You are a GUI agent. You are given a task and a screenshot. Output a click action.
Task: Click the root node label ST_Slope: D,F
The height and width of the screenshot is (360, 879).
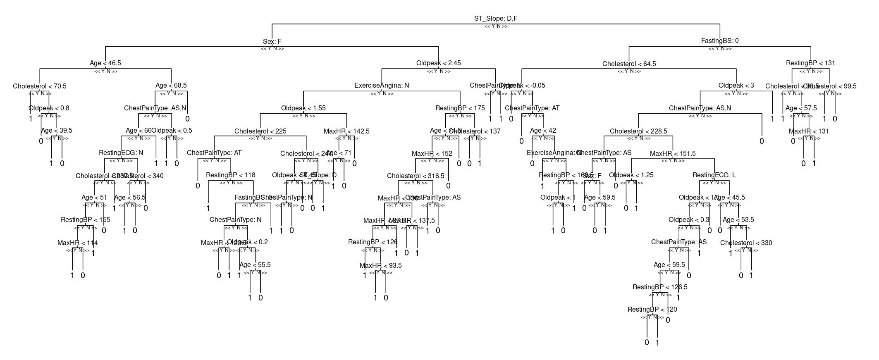click(495, 19)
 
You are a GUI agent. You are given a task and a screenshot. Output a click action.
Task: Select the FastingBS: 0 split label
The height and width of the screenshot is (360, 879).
click(720, 41)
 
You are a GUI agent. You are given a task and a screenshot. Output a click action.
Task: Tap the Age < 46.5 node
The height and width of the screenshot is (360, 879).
click(105, 63)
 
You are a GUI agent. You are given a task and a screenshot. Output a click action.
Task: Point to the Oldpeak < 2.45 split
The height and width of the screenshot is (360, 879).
click(438, 63)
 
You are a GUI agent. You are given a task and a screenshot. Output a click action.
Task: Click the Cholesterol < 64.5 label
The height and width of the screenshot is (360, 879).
click(629, 64)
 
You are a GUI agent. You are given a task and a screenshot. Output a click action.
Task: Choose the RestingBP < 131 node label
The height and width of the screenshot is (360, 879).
click(810, 63)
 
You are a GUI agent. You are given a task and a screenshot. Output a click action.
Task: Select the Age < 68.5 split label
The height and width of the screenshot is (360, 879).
click(171, 86)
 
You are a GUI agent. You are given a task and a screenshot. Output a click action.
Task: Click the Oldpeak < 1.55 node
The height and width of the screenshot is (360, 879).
click(303, 108)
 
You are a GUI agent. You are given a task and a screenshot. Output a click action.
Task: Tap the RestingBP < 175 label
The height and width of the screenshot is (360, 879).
click(460, 108)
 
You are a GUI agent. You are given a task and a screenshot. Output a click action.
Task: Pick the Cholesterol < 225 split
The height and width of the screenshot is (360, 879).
click(260, 131)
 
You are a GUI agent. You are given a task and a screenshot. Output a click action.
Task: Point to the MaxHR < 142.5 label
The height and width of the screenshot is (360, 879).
click(346, 131)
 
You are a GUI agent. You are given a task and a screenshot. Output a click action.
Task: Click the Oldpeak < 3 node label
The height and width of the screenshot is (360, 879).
click(736, 86)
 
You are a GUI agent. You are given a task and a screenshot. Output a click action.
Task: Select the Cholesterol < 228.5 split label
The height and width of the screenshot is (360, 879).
click(638, 131)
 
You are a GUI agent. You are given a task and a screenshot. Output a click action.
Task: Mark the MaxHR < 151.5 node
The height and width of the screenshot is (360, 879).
click(673, 154)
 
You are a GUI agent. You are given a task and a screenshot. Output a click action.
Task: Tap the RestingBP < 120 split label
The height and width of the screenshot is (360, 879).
click(652, 310)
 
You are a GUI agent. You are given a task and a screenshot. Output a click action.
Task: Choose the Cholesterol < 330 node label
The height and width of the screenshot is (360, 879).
click(746, 243)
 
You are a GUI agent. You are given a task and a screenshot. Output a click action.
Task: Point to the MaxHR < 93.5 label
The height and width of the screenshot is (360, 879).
click(380, 266)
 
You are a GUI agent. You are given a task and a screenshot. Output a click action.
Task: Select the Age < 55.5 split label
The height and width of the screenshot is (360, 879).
click(255, 265)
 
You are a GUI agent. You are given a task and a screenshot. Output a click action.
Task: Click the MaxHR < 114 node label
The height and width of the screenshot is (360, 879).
click(78, 243)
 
